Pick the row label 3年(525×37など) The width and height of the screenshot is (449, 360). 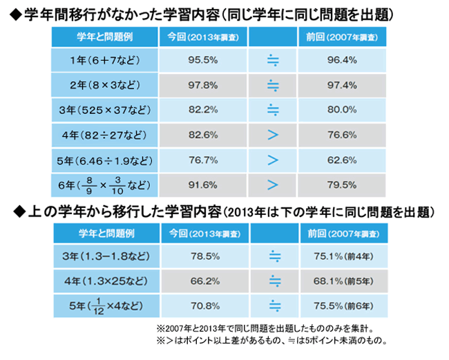(x=105, y=109)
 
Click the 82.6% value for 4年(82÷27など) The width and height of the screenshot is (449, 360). (x=199, y=134)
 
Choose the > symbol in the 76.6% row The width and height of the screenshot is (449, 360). (x=271, y=134)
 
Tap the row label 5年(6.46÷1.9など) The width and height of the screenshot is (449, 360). (x=105, y=159)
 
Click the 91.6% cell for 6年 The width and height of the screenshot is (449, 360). (x=199, y=184)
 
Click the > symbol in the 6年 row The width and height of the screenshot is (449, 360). (x=271, y=184)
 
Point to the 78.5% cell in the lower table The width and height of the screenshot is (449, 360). (x=199, y=256)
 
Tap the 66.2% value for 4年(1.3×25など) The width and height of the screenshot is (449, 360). (x=199, y=281)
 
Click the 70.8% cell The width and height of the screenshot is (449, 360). (x=199, y=305)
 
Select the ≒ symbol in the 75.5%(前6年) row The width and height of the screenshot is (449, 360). (x=273, y=305)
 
